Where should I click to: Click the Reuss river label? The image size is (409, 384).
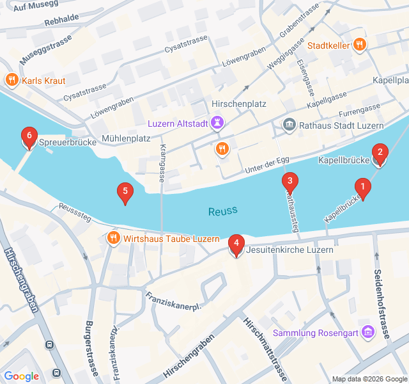tap(222, 211)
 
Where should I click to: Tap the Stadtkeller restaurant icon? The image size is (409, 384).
tap(360, 45)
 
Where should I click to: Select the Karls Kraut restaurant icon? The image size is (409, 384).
tap(11, 81)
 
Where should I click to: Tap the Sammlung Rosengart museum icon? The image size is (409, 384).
tap(367, 332)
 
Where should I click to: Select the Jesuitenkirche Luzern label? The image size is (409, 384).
tap(289, 250)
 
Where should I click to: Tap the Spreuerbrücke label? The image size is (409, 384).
tap(63, 143)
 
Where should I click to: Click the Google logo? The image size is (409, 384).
tap(21, 376)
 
